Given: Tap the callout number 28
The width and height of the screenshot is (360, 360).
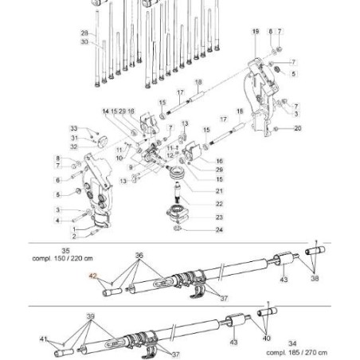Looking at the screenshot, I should point(84,33).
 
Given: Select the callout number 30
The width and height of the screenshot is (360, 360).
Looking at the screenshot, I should point(84,41).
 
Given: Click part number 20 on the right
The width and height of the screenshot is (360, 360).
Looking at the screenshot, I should point(297,127).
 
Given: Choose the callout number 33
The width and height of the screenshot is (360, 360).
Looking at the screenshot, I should point(73,128).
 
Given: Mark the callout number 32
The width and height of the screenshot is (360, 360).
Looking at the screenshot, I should point(73,147).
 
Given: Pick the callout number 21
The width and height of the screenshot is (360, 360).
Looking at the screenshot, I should point(219,191).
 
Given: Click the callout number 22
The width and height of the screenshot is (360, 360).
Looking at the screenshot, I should point(219,204).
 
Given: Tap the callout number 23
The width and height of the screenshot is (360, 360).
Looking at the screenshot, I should point(219,217).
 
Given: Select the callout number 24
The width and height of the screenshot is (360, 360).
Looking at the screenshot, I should point(219,230).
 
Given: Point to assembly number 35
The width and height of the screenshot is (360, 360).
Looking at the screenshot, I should point(65,250).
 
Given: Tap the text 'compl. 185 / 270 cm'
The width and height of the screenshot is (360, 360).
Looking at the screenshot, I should point(296,351).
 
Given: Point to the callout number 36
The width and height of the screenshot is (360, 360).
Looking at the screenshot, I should point(139,256).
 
